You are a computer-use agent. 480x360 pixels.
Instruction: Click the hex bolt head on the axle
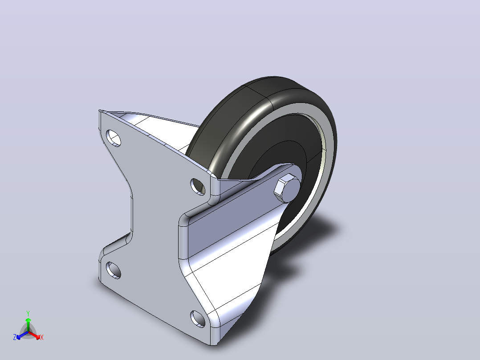click(287, 188)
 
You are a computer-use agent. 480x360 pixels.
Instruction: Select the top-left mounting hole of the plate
click(113, 138)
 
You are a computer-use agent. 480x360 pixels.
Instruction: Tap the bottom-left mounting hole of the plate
click(113, 270)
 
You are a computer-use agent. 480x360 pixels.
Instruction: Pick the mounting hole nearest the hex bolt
click(198, 187)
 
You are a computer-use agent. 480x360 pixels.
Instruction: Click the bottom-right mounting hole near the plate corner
click(198, 319)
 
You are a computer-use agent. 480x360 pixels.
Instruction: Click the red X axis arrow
click(34, 335)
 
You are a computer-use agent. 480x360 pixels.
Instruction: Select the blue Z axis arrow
click(22, 335)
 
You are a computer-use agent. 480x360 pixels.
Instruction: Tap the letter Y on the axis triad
click(28, 314)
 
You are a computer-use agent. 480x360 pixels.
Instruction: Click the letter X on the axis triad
click(42, 337)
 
